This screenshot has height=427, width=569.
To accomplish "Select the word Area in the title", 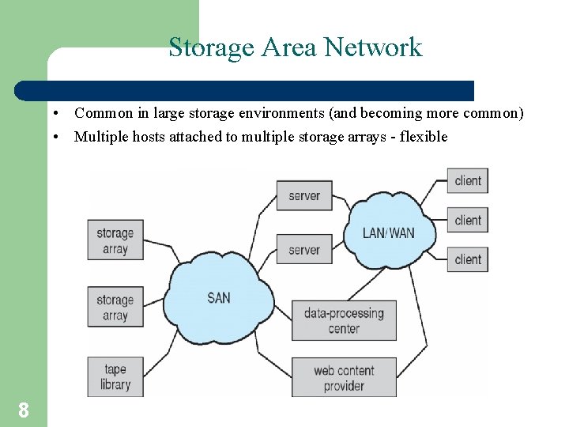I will coord(284,48).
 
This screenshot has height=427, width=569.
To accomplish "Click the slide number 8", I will coord(24,410).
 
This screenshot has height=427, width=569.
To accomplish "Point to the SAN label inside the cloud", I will coord(219,298).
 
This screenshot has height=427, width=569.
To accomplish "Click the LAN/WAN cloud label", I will coord(388,233).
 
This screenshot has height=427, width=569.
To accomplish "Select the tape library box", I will coord(115,376).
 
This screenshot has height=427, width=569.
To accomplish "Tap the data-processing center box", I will coord(344,320).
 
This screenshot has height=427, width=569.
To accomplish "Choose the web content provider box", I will coord(344,377).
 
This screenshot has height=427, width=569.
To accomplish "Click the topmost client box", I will coord(468,181).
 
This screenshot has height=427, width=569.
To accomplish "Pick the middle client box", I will coord(468,220).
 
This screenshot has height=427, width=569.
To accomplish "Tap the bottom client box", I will coord(468,259).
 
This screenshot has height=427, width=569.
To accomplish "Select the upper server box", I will coord(304,195).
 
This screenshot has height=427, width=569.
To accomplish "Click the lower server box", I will coord(304,250).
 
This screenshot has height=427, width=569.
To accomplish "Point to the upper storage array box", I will coord(115,240).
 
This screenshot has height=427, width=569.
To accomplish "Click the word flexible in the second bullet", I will coord(424,137).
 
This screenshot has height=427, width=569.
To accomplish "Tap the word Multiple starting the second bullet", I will coord(101,137).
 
